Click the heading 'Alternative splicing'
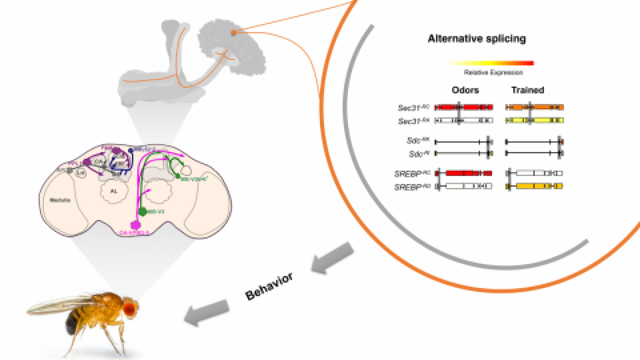tap(476, 39)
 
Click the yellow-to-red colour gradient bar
tap(491, 63)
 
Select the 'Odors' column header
tap(465, 90)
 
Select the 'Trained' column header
tap(528, 90)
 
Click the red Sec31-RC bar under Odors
tap(464, 108)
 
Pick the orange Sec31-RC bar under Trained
tap(535, 108)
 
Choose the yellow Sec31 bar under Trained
tap(535, 120)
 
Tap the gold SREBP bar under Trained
tap(535, 186)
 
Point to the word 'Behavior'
tap(269, 287)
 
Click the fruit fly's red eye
tap(130, 310)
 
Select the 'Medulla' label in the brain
tap(60, 200)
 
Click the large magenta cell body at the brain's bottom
tap(136, 225)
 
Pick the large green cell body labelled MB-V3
tap(142, 212)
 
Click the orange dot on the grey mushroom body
tap(233, 32)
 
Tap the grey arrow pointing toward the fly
tap(206, 312)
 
